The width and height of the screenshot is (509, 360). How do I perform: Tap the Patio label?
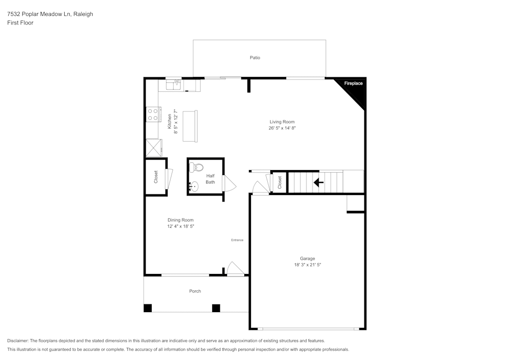pyautogui.click(x=255, y=58)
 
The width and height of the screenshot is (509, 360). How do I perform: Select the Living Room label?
pyautogui.click(x=282, y=122)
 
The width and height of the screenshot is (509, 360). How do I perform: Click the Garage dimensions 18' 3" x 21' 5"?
pyautogui.click(x=307, y=265)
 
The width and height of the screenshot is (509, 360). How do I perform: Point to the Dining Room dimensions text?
pyautogui.click(x=181, y=226)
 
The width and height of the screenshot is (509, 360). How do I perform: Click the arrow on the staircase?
pyautogui.click(x=319, y=182)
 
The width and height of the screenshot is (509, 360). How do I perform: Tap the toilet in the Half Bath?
pyautogui.click(x=197, y=167)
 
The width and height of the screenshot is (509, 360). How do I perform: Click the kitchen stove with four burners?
pyautogui.click(x=153, y=115)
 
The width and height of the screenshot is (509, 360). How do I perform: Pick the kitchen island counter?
pyautogui.click(x=190, y=125)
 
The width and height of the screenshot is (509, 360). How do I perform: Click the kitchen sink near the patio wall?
pyautogui.click(x=174, y=84)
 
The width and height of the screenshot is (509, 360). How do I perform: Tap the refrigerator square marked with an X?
pyautogui.click(x=153, y=148)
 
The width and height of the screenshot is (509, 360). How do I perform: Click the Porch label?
pyautogui.click(x=195, y=291)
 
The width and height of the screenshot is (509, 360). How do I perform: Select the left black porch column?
pyautogui.click(x=148, y=308)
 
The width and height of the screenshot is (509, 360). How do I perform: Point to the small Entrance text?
pyautogui.click(x=237, y=240)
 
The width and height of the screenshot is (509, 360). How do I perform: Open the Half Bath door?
pyautogui.click(x=229, y=184)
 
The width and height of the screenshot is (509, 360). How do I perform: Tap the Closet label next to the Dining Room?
pyautogui.click(x=156, y=177)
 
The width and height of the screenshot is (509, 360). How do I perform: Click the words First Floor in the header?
pyautogui.click(x=20, y=23)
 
